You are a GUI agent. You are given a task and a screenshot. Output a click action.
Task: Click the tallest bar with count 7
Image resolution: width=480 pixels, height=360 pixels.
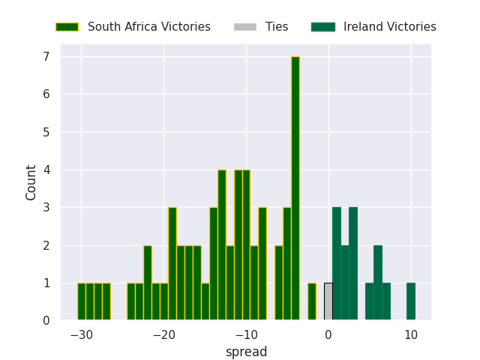[295, 188]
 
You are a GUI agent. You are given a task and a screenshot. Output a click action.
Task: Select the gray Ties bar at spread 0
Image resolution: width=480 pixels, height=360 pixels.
[328, 301]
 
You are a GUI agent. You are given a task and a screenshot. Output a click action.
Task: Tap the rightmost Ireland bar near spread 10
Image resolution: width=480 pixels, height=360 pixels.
[411, 301]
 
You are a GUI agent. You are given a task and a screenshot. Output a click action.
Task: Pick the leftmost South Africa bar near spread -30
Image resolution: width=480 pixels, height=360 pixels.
[82, 301]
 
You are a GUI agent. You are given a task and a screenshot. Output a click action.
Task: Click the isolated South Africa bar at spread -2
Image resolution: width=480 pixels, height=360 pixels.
[312, 301]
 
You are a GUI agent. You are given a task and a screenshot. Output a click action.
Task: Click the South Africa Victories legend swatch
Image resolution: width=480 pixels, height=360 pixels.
[67, 27]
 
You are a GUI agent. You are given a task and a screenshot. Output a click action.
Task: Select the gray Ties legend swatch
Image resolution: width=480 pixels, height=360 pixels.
[245, 27]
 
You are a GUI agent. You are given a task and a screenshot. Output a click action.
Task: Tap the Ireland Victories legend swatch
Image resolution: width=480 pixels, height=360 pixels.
[323, 27]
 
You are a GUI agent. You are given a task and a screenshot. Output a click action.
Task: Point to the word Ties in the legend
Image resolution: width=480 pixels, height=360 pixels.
[277, 27]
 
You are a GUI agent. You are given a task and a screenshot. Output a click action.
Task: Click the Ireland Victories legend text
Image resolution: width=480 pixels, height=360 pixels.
[390, 27]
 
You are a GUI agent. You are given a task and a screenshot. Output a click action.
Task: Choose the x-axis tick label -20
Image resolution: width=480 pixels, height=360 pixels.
[163, 335]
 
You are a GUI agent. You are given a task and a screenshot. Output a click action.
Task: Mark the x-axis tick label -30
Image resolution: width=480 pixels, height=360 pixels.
[82, 335]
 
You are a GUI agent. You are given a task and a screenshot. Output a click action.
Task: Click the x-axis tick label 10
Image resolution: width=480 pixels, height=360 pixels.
[411, 335]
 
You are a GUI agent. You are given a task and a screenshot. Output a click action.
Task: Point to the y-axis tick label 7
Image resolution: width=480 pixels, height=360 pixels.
[46, 57]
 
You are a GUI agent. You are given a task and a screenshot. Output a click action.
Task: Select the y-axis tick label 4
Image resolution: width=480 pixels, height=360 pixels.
[46, 169]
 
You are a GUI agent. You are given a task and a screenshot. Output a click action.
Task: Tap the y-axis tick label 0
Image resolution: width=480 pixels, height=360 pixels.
[46, 320]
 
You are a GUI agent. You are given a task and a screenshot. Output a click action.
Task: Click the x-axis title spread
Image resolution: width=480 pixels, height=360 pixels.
[246, 352]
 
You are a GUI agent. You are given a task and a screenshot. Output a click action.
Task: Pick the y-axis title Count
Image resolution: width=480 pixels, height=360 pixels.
[31, 183]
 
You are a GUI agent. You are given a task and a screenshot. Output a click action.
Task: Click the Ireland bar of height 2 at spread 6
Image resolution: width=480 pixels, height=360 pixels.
[378, 283]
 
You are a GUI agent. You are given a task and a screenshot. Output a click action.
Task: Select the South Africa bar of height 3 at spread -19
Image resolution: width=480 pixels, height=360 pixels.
[172, 263]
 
